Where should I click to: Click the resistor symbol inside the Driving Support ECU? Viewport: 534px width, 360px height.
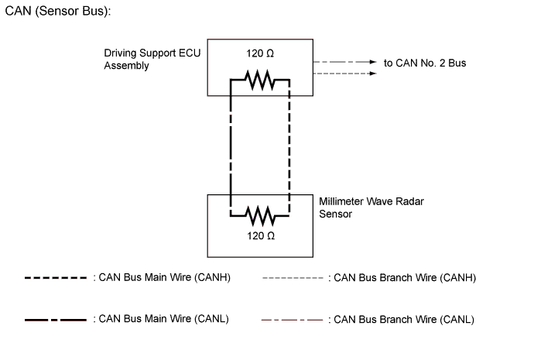tap(259, 78)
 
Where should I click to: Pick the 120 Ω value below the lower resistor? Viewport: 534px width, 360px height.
tap(260, 235)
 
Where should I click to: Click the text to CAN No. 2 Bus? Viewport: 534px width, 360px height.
tap(425, 63)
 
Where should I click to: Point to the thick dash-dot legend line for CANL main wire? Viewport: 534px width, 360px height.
tap(55, 319)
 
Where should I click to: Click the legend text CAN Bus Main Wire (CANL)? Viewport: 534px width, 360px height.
tap(163, 319)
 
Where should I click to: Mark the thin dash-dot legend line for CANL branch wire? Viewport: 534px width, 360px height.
tap(292, 319)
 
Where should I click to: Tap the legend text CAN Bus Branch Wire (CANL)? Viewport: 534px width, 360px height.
tap(401, 319)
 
